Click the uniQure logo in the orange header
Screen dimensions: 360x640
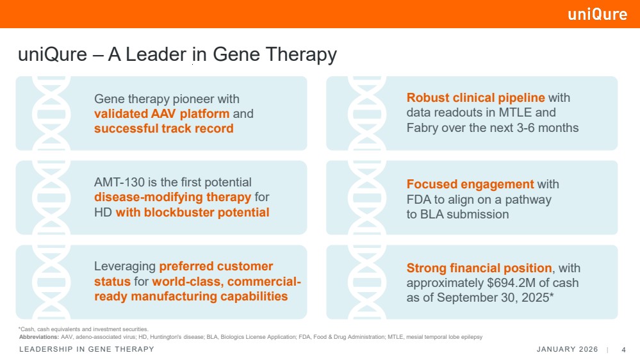pos(597,14)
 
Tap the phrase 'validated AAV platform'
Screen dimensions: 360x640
pos(161,114)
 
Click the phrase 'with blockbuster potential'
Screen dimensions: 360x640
pos(192,212)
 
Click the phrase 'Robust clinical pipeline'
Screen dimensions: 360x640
pos(475,98)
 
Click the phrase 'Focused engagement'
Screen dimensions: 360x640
pos(470,184)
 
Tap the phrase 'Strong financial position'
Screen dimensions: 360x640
pos(479,268)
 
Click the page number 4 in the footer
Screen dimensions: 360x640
pos(623,349)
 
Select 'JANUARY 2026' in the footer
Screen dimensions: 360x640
pos(567,349)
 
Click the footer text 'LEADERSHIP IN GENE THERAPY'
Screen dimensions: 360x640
pos(86,349)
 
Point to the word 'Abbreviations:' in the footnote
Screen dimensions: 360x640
pos(38,337)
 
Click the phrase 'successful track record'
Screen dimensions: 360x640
pos(163,129)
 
